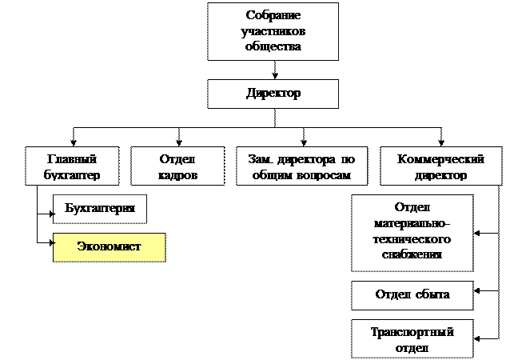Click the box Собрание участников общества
pyautogui.click(x=273, y=31)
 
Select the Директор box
pyautogui.click(x=273, y=94)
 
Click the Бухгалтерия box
pyautogui.click(x=100, y=209)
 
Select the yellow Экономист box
pyautogui.click(x=109, y=246)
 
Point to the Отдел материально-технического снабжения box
pyautogui.click(x=412, y=231)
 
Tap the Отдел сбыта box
pyautogui.click(x=412, y=294)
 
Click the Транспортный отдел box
pyautogui.click(x=412, y=339)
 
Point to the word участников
pyautogui.click(x=273, y=32)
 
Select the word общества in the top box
pyautogui.click(x=273, y=46)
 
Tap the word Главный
pyautogui.click(x=72, y=159)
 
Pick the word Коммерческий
pyautogui.click(x=441, y=159)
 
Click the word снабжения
pyautogui.click(x=412, y=254)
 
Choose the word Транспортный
pyautogui.click(x=412, y=332)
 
